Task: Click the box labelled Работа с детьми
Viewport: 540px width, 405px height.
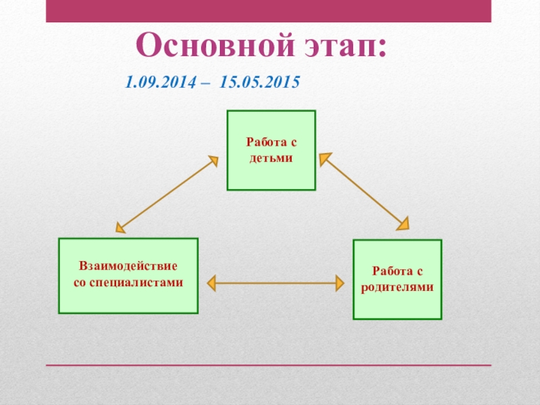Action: pos(271,151)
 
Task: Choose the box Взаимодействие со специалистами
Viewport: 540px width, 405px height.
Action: pos(128,275)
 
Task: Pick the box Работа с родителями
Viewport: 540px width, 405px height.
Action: pos(398,279)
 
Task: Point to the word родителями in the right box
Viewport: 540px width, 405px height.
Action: pos(398,286)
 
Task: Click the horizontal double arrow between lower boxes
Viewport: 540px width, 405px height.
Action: pos(276,283)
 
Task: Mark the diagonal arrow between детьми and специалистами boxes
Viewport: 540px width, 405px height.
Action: pos(167,194)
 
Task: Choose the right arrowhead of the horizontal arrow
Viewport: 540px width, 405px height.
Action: pos(340,283)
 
